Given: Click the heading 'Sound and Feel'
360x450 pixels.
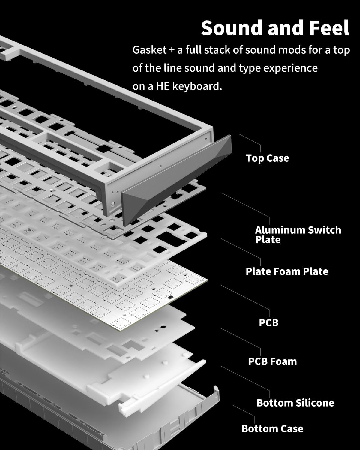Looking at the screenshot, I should pos(275,28).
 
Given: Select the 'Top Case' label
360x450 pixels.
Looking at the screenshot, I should pos(267,158).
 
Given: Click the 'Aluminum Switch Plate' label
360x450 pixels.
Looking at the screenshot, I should pos(298,235).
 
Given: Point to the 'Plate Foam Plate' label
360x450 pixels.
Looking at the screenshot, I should pos(287,271).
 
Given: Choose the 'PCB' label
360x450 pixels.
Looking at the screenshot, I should pos(268,323).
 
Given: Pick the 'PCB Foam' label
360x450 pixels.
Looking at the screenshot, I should pos(272,361).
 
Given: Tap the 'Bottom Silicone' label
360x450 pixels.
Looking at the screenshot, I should pos(295,403).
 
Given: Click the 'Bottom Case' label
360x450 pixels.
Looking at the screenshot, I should pos(272,429).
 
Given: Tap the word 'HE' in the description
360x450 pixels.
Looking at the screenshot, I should pos(163,86).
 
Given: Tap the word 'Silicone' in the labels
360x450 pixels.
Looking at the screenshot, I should pos(315,403).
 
